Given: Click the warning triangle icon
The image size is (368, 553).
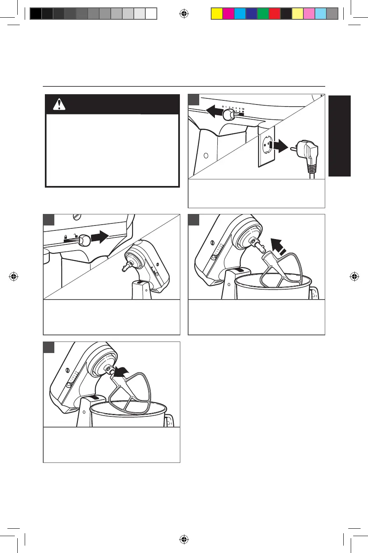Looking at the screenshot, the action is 59,105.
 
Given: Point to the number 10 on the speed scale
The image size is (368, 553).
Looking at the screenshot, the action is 243,109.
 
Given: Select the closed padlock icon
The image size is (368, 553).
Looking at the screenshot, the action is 66,236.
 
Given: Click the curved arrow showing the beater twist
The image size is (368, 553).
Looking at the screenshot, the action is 122,370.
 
